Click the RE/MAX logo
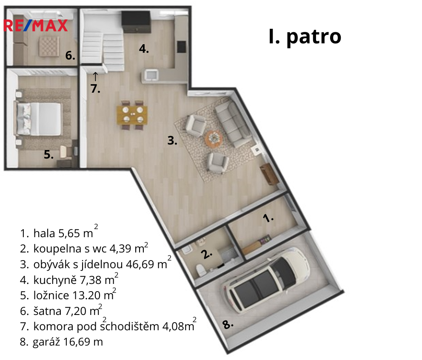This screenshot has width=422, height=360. pos(36,26)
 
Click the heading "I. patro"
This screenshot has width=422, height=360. pos(305,37)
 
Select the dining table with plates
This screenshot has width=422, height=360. pos(132,115)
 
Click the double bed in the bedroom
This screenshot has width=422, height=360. pos(38,119)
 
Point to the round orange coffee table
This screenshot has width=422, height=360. pos(214,139)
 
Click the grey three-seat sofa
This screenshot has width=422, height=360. pos(233,125)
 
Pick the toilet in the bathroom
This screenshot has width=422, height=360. pos(201,269)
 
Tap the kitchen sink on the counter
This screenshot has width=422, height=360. pos(151,74)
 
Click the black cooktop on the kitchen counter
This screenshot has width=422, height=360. pos(181,46)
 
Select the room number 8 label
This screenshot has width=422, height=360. pos(228,325)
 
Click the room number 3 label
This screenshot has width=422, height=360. pos(172,141)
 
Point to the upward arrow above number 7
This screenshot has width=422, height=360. pos(95,77)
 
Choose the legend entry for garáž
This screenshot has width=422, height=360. pos(61,342)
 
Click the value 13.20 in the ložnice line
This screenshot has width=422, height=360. pos(86,295)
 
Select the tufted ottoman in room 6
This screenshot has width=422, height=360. pos(49,46)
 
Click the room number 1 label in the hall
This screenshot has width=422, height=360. pos(268,218)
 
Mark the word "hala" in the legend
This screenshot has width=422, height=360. pos(44,233)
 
